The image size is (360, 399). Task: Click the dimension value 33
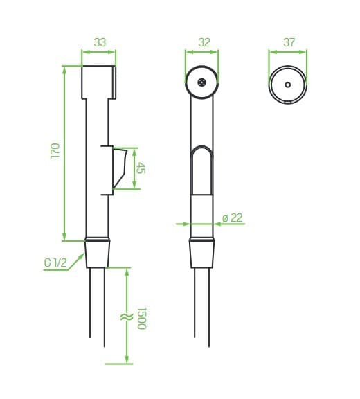click(100, 42)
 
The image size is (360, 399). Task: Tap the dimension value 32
click(204, 42)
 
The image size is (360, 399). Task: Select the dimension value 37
click(289, 42)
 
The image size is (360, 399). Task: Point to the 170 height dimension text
click(55, 150)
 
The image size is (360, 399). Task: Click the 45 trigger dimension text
click(141, 168)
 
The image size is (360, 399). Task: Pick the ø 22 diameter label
click(233, 218)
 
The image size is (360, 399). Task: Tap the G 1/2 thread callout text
click(55, 263)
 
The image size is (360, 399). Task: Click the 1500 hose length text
click(142, 319)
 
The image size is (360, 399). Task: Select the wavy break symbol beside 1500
click(127, 317)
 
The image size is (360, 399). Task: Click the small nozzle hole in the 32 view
click(202, 82)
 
